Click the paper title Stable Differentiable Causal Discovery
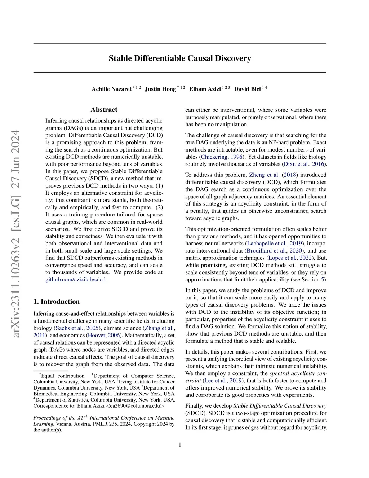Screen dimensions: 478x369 point(180,58)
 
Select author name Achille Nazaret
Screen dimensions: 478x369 point(111,89)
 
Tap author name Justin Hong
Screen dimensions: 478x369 point(160,89)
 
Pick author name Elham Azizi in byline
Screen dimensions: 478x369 point(205,89)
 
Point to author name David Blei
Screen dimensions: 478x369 point(247,89)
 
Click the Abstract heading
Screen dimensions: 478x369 point(104,110)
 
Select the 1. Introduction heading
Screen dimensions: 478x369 point(57,302)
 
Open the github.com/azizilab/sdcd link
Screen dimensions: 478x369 point(76,280)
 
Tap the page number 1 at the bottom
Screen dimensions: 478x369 point(180,445)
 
